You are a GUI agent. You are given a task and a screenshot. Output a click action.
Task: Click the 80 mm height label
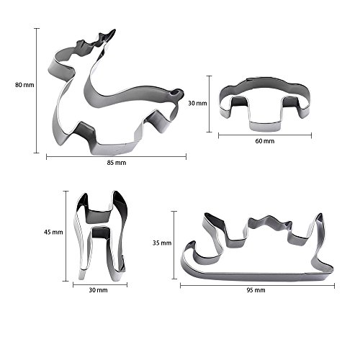click(x=24, y=85)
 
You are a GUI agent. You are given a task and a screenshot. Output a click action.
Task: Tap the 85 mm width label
click(x=117, y=163)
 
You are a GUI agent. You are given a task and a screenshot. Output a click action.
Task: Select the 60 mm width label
click(x=265, y=141)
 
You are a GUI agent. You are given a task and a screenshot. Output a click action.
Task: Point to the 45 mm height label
click(x=53, y=232)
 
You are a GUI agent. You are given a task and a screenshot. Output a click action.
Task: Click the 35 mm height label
click(x=162, y=243)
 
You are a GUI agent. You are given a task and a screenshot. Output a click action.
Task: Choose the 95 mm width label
click(x=256, y=290)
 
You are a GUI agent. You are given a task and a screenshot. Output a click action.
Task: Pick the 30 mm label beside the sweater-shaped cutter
click(x=197, y=104)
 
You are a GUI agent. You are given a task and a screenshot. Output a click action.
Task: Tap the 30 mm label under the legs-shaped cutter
click(x=98, y=290)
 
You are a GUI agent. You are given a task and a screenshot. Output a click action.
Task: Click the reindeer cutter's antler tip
click(x=114, y=31)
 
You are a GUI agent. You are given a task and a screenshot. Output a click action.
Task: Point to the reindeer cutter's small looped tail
click(x=178, y=93)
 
